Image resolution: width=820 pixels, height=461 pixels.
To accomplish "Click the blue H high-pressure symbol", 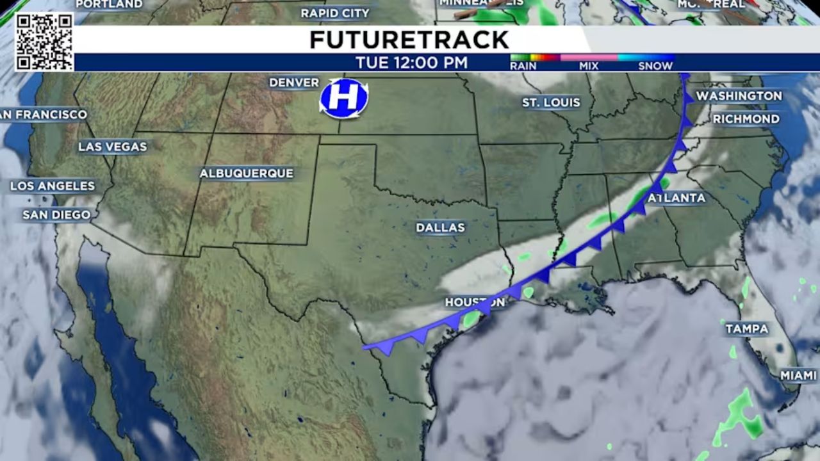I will [344, 98].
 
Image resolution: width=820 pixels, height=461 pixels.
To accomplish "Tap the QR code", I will [44, 42].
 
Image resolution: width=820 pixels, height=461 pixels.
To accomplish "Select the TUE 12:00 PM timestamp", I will [411, 63].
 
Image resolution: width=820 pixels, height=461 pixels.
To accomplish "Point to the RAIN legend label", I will [523, 65].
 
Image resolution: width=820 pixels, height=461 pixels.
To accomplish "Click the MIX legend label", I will [589, 65].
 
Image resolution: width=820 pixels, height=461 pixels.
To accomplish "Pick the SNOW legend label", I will [655, 65].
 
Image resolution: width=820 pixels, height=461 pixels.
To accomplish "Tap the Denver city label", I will [294, 83].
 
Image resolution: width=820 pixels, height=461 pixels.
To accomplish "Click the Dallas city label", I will [440, 227].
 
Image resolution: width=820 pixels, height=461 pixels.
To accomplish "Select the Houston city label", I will [475, 302].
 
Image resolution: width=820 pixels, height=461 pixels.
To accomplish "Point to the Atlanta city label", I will [676, 198].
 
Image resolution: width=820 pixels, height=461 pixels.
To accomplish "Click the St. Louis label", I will [551, 102].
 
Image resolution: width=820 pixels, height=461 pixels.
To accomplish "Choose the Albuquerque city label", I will [246, 173].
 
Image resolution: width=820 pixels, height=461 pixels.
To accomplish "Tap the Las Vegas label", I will [113, 147].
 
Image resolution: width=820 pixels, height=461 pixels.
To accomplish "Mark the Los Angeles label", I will [53, 186].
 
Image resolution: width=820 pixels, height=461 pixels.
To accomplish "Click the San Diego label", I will [57, 214].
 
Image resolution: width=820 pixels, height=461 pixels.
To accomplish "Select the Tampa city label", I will [746, 328].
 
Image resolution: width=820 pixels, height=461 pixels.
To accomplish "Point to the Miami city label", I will [798, 375].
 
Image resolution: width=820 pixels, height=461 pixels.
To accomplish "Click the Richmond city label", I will [746, 118].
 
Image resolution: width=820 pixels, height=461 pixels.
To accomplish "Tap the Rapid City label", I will [335, 13].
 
